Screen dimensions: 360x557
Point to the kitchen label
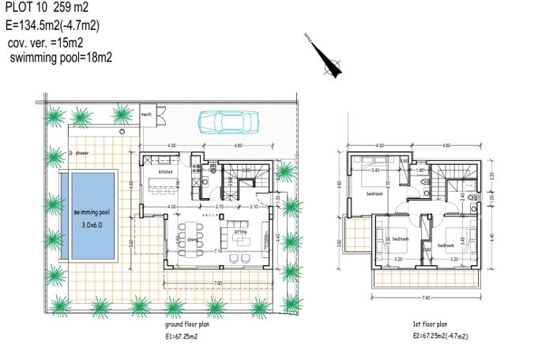(166, 171)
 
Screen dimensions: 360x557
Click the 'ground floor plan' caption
(192, 324)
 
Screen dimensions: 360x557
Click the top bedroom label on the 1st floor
(375, 193)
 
